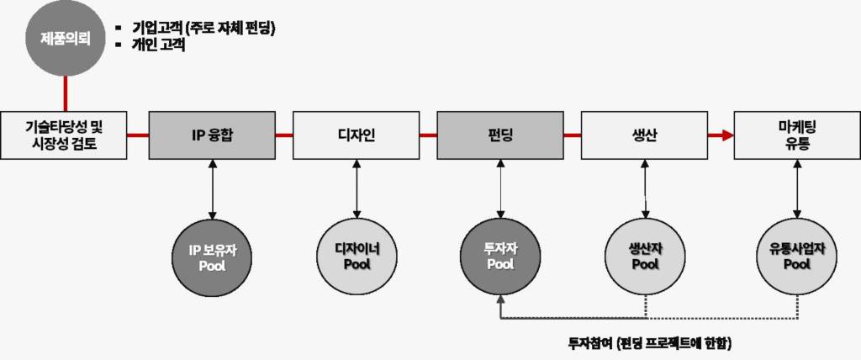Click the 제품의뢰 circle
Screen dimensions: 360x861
[65, 38]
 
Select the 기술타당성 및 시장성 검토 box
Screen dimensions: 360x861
[64, 135]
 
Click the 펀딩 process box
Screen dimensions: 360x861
[500, 135]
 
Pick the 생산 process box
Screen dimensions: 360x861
[644, 135]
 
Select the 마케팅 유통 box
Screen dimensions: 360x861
[796, 135]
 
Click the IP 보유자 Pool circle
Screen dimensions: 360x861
[212, 257]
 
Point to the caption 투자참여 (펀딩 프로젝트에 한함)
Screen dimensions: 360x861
[650, 343]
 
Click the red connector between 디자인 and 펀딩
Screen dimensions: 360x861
[427, 135]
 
